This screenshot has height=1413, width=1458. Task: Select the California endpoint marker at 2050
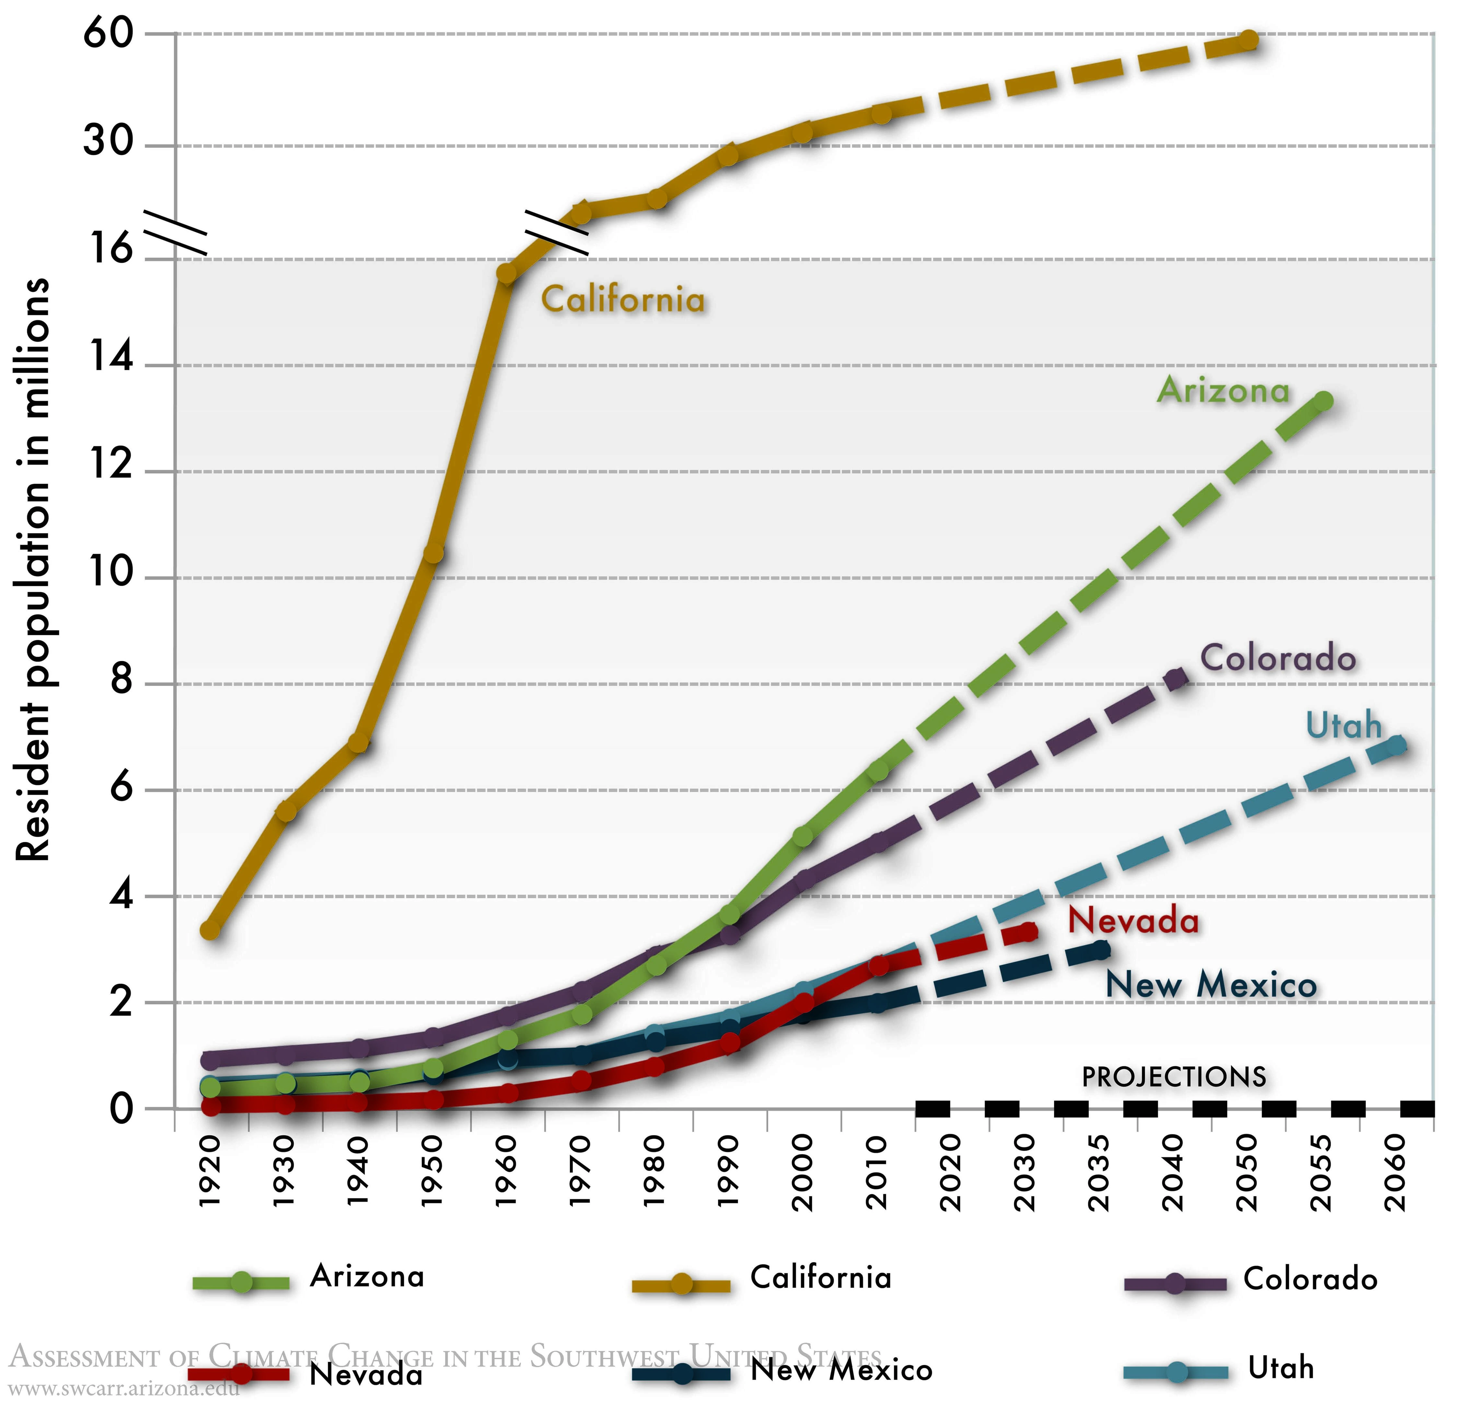click(x=1249, y=40)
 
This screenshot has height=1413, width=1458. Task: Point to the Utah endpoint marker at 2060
click(x=1397, y=745)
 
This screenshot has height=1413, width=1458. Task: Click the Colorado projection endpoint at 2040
click(x=1175, y=678)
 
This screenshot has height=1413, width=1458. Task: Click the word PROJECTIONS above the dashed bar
click(x=1174, y=1077)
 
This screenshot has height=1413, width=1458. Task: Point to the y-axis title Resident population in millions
click(x=33, y=569)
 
